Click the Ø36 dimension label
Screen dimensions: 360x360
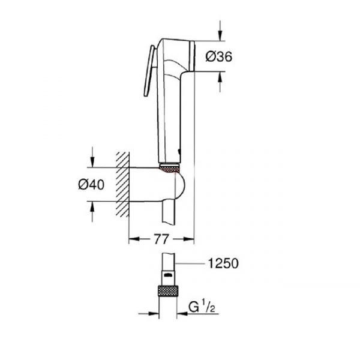[x=218, y=56]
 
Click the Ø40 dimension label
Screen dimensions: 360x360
[x=91, y=184]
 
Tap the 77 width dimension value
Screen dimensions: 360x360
[x=161, y=239]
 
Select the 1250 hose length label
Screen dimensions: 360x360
[x=223, y=263]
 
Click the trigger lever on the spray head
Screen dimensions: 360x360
[x=149, y=71]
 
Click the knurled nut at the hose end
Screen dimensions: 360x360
[x=168, y=291]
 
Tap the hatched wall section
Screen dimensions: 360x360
[x=122, y=184]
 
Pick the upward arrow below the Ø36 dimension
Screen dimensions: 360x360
[x=220, y=82]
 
